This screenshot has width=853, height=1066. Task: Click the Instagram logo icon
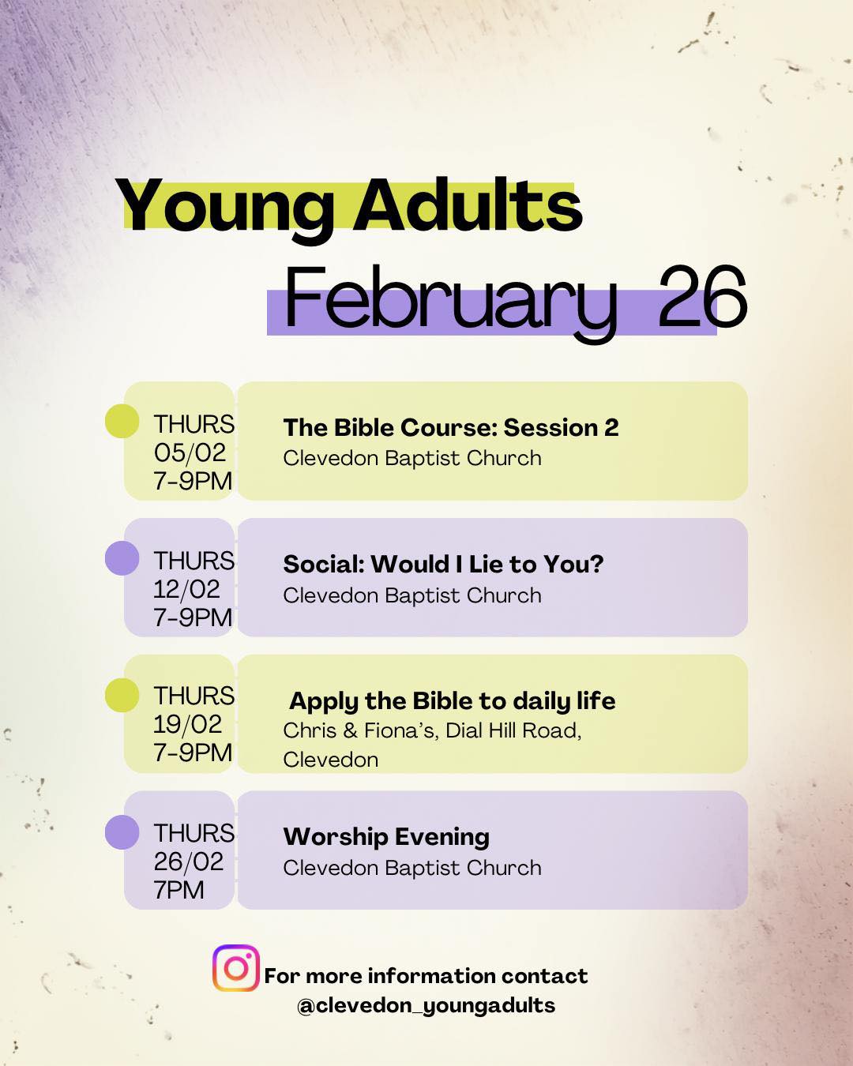pyautogui.click(x=235, y=968)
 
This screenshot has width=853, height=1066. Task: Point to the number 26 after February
pyautogui.click(x=701, y=298)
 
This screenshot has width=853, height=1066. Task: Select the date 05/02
pyautogui.click(x=190, y=452)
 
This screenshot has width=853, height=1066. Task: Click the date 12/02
pyautogui.click(x=187, y=589)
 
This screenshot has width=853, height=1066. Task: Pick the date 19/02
pyautogui.click(x=188, y=724)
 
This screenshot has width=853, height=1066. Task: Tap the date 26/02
pyautogui.click(x=189, y=861)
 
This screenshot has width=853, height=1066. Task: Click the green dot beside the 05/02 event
pyautogui.click(x=122, y=421)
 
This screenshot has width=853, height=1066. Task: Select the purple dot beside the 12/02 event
pyautogui.click(x=122, y=558)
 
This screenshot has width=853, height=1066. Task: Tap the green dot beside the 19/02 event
pyautogui.click(x=122, y=695)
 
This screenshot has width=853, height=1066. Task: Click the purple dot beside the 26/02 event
pyautogui.click(x=122, y=832)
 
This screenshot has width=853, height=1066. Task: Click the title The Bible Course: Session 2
pyautogui.click(x=451, y=427)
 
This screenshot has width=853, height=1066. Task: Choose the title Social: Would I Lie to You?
pyautogui.click(x=443, y=564)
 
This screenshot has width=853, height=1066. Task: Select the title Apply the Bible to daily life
pyautogui.click(x=452, y=700)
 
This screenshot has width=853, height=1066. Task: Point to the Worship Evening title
pyautogui.click(x=386, y=836)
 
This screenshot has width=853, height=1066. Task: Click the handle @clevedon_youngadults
pyautogui.click(x=426, y=1005)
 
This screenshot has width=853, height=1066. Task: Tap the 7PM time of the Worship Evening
pyautogui.click(x=178, y=890)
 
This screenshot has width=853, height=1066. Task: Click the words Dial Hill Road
pyautogui.click(x=513, y=730)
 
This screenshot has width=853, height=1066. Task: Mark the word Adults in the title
pyautogui.click(x=468, y=207)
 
